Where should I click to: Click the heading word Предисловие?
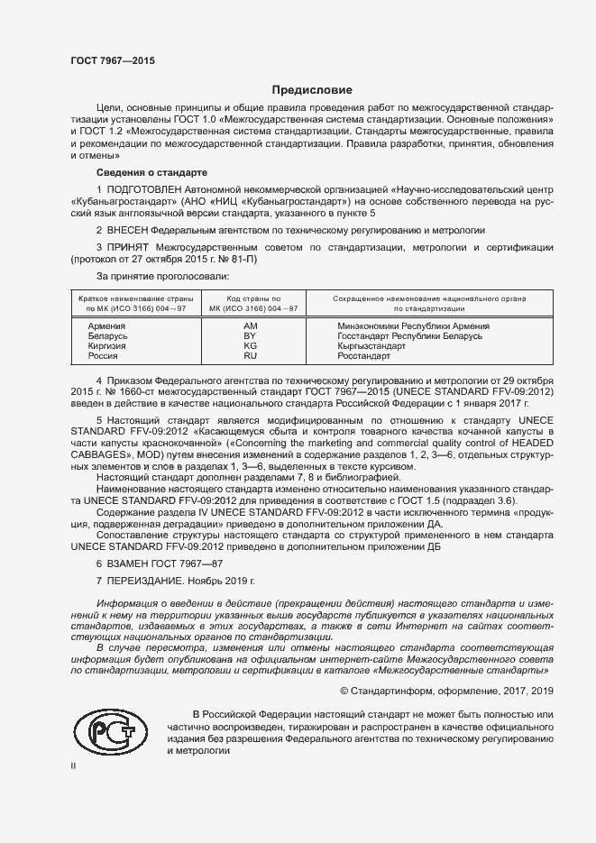(313, 90)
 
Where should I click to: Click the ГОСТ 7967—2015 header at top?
(113, 60)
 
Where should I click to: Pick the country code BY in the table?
(251, 335)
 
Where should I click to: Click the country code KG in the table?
(251, 345)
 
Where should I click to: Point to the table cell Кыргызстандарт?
(370, 345)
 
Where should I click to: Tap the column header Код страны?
(252, 298)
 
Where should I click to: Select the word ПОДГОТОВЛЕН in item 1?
(144, 191)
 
